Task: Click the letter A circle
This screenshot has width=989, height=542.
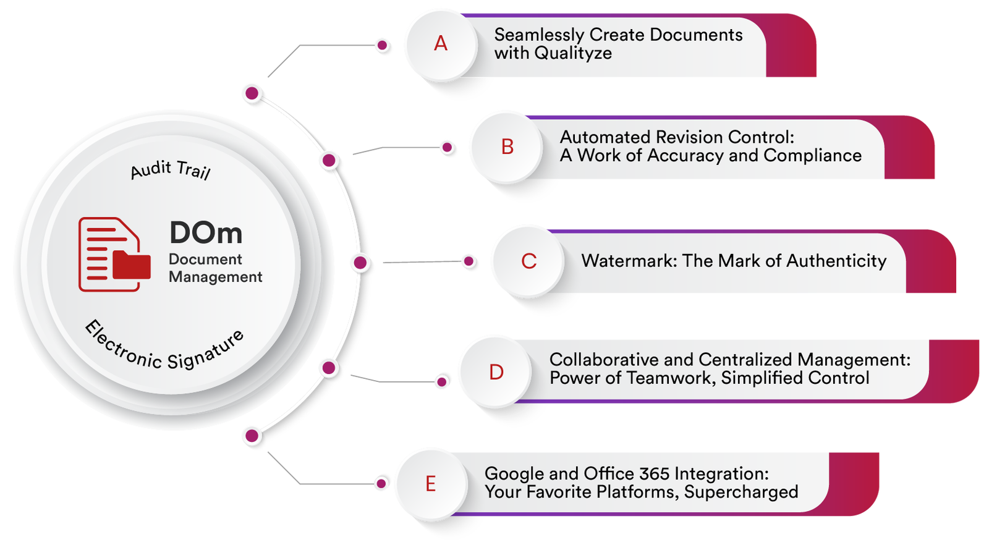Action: (440, 44)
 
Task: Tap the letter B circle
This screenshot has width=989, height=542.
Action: (507, 147)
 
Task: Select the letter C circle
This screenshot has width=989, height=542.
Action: (528, 261)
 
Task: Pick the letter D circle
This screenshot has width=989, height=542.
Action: (496, 372)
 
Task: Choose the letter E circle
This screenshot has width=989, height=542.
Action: (431, 483)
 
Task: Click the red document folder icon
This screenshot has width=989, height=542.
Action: (114, 254)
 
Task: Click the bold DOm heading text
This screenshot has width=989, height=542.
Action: (206, 233)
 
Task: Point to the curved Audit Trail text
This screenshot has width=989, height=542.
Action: (171, 169)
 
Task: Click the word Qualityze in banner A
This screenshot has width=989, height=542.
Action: (572, 53)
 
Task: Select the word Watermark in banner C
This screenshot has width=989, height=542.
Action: (629, 261)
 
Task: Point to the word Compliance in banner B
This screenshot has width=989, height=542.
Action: (812, 156)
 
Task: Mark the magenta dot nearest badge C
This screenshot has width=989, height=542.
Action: (469, 261)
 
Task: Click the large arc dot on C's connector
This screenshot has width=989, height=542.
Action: (360, 263)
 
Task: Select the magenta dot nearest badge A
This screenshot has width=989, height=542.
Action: (383, 45)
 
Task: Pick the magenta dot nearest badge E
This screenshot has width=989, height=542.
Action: (381, 483)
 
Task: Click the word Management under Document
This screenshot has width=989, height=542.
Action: (215, 277)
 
